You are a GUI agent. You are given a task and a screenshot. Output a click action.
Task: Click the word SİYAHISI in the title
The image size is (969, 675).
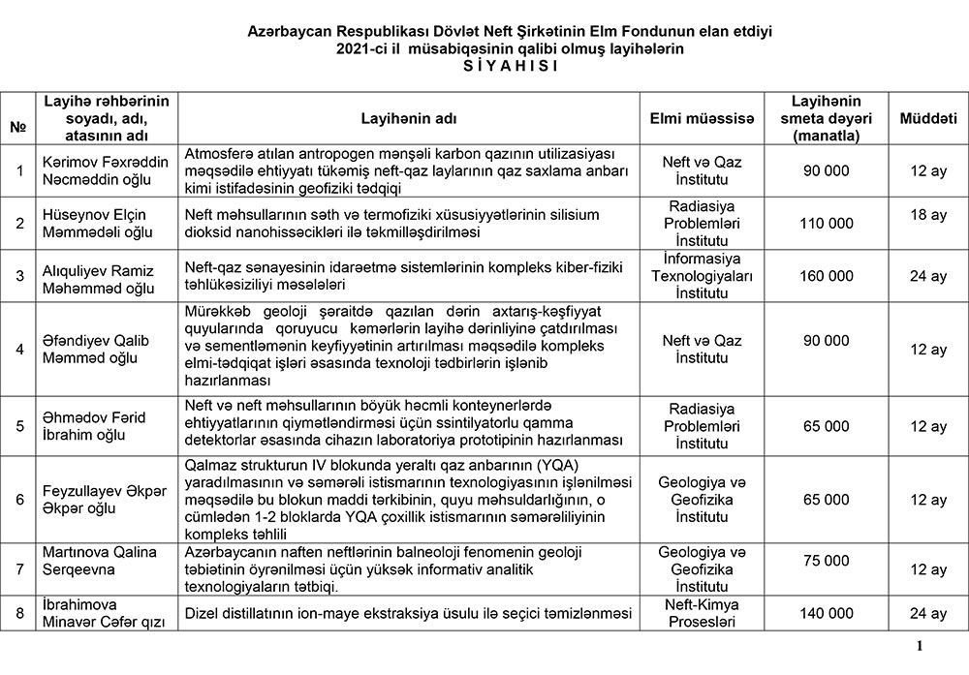tap(484, 65)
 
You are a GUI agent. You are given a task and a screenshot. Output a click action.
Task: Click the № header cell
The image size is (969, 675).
tap(17, 126)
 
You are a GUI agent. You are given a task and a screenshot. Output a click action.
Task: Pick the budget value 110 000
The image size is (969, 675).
tap(827, 223)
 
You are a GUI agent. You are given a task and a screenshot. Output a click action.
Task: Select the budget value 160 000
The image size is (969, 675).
tap(827, 276)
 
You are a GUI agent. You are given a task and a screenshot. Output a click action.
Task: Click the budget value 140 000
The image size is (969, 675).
tap(827, 613)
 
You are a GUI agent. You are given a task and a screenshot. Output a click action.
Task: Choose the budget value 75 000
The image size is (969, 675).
tap(827, 561)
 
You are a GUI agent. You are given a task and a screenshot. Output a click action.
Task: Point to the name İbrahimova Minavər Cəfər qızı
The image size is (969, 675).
tap(105, 612)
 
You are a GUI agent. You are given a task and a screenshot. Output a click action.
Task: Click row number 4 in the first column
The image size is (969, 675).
tap(18, 350)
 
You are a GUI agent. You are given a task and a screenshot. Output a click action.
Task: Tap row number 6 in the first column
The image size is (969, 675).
tap(18, 499)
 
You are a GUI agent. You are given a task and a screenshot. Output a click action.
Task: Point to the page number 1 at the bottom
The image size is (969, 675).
tap(918, 648)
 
